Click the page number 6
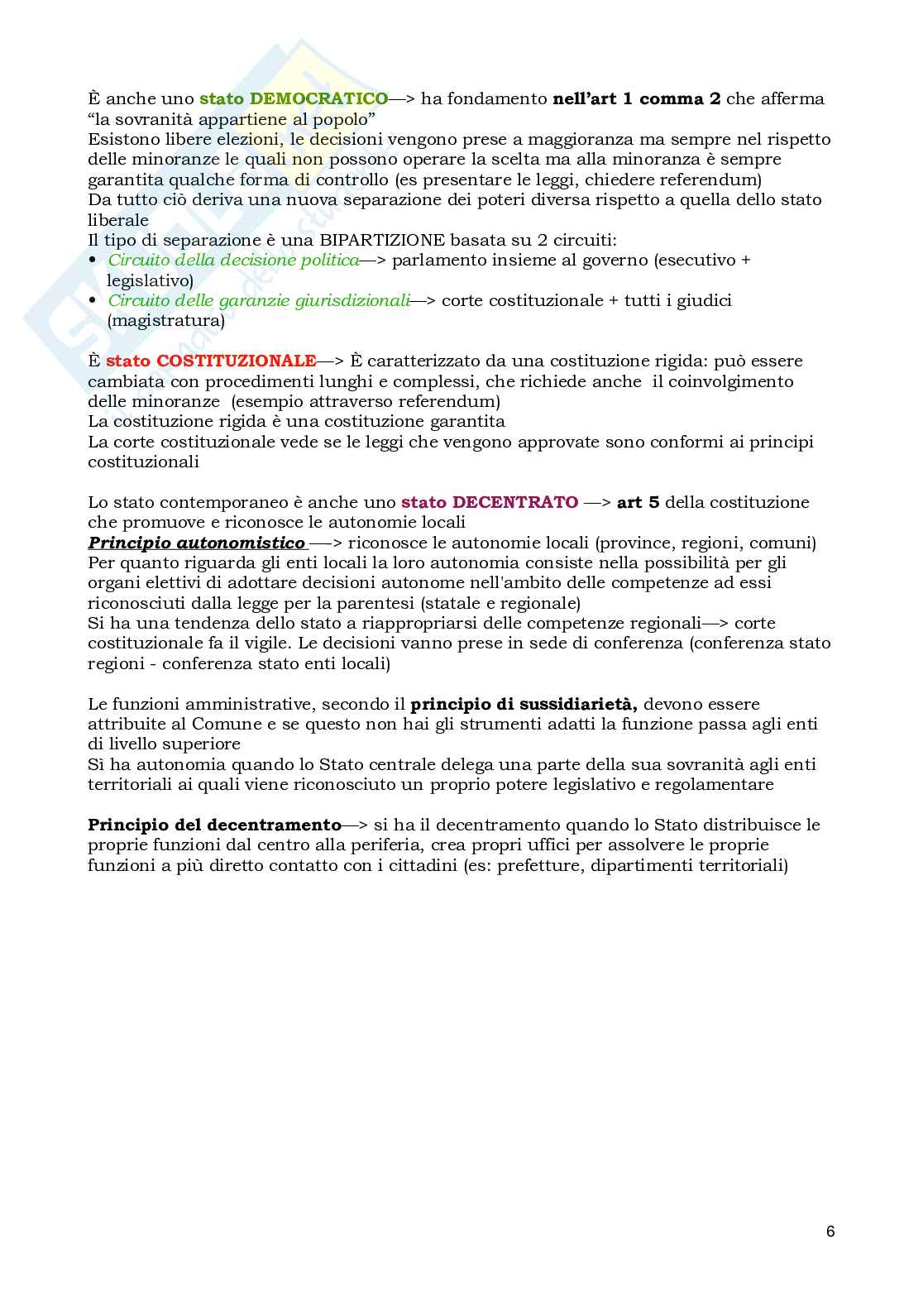pyautogui.click(x=830, y=1231)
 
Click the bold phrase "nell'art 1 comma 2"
pyautogui.click(x=636, y=98)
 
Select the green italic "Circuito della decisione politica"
pyautogui.click(x=233, y=260)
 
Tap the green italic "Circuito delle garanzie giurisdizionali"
pyautogui.click(x=259, y=300)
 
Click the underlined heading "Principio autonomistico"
pyautogui.click(x=197, y=543)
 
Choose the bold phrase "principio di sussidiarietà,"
pyautogui.click(x=524, y=704)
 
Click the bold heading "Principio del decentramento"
pyautogui.click(x=214, y=825)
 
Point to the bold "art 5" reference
pyautogui.click(x=638, y=502)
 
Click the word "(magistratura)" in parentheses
pyautogui.click(x=165, y=320)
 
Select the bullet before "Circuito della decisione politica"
pyautogui.click(x=93, y=260)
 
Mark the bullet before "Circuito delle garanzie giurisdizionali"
pyautogui.click(x=93, y=300)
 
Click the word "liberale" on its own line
pyautogui.click(x=118, y=220)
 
